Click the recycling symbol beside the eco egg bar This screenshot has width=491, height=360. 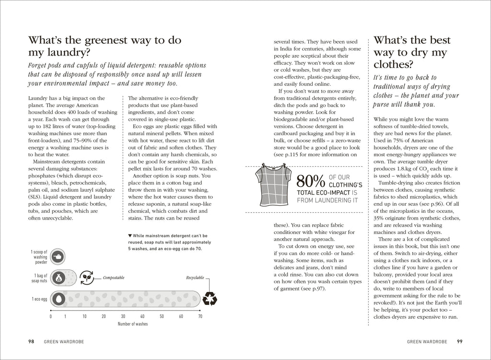click(210, 299)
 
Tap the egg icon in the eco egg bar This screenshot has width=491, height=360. click(58, 298)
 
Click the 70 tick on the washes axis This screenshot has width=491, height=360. click(200, 316)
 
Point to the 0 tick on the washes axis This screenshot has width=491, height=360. click(51, 316)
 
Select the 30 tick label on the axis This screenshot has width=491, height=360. click(123, 316)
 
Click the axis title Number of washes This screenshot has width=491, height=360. click(133, 324)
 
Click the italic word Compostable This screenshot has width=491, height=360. click(113, 278)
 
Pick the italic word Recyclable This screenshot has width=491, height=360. click(195, 278)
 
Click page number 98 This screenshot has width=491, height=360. click(31, 342)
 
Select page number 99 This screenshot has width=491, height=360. click(459, 342)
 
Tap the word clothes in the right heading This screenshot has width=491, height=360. click(393, 65)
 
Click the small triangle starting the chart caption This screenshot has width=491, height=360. click(130, 235)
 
